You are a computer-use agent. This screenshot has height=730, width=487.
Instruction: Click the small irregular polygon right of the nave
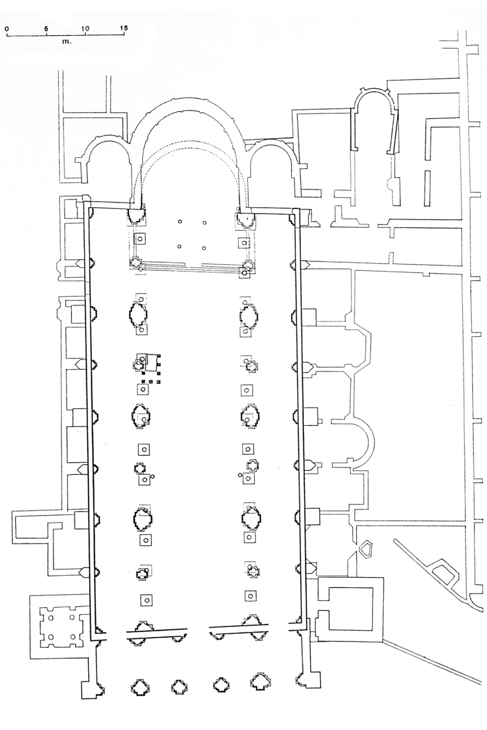(x=365, y=548)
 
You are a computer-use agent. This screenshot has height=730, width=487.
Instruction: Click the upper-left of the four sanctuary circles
(x=180, y=222)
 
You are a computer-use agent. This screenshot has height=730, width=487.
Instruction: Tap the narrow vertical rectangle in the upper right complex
(x=427, y=188)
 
